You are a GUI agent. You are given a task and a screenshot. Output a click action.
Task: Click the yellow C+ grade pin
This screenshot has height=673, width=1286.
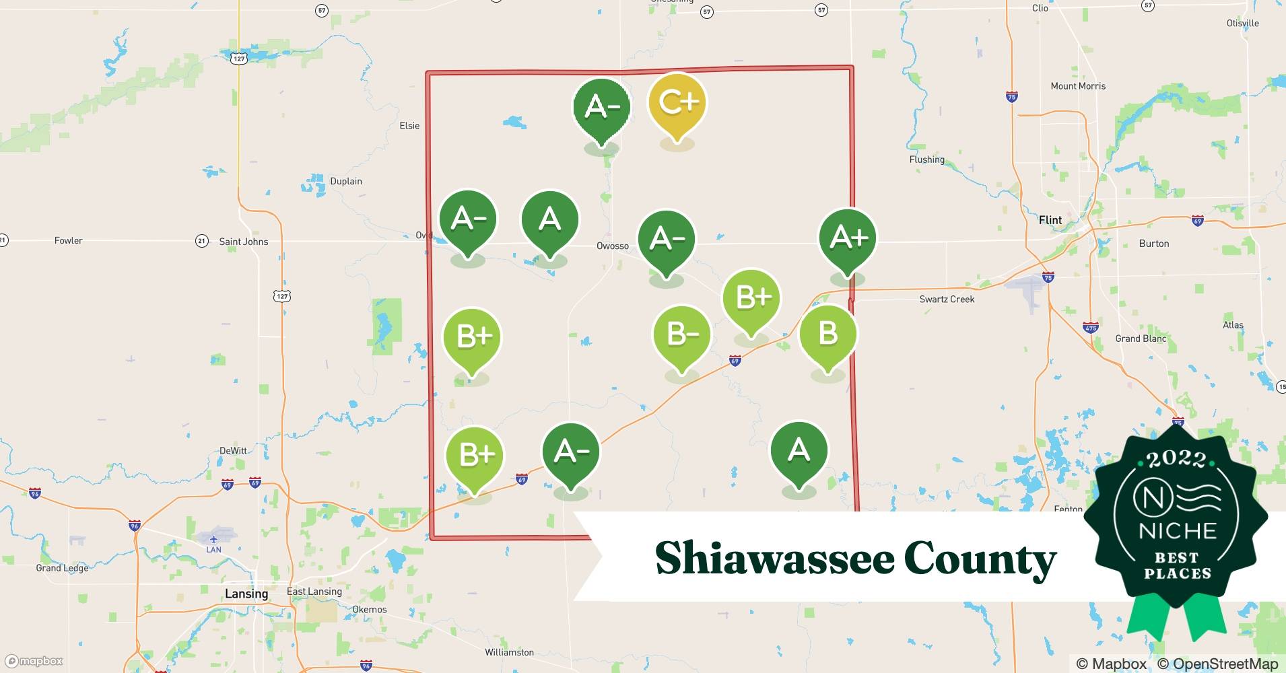(x=677, y=104)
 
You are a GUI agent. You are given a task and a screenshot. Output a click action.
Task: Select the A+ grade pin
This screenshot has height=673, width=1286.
(x=847, y=239)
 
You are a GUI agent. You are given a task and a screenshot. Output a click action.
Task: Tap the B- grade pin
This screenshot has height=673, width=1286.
(x=682, y=335)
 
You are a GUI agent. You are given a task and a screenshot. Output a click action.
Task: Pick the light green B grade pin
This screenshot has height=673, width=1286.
(x=827, y=334)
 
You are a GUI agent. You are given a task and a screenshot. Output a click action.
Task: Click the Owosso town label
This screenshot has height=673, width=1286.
(x=612, y=246)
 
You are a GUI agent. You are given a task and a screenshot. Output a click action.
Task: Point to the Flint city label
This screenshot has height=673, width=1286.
(x=1050, y=220)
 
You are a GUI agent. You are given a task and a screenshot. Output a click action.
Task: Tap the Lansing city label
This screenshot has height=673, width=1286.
(x=246, y=594)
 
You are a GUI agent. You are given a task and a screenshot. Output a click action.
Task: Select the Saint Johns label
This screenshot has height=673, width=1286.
(x=243, y=242)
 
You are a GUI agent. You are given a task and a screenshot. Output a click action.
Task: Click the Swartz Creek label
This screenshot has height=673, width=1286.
(x=947, y=299)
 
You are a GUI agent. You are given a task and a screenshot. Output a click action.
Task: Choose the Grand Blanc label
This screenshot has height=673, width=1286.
(x=1141, y=339)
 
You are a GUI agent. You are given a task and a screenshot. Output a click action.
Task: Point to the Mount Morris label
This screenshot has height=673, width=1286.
(x=1078, y=86)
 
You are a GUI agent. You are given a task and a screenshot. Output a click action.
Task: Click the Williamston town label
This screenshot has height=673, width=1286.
(x=509, y=652)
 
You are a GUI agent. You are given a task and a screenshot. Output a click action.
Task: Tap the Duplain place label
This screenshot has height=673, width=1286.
(x=346, y=182)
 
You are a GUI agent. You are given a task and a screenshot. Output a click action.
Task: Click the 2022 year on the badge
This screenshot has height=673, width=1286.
(x=1176, y=460)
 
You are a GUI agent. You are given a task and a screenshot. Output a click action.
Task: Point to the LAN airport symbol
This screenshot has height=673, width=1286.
(x=213, y=540)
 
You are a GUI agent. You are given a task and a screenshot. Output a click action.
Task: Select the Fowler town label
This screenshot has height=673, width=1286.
(x=69, y=241)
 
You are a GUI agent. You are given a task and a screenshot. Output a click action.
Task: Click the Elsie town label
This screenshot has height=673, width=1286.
(x=409, y=126)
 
